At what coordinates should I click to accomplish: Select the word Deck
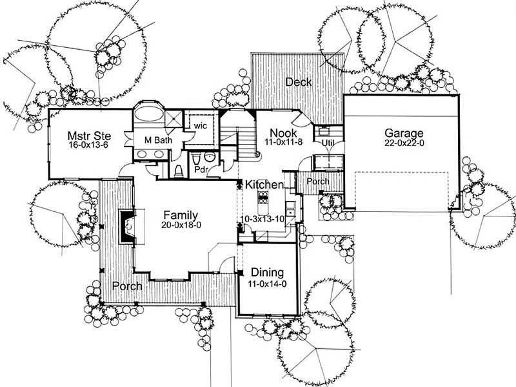coord(299,82)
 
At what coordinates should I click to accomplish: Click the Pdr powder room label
coord(202,169)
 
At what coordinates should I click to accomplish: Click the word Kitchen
coord(264,185)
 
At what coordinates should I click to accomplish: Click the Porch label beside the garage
coord(317,182)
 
